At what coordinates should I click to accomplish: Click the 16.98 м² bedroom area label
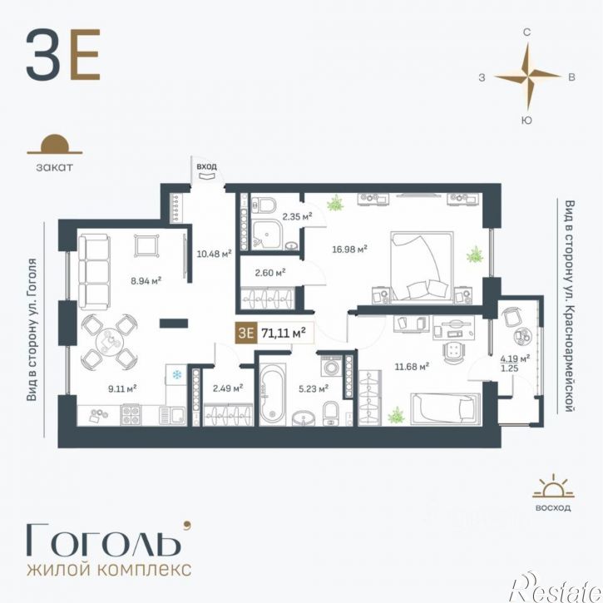tap(349, 250)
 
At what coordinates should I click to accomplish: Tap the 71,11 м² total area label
tap(284, 332)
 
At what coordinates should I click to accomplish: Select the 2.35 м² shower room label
tap(297, 216)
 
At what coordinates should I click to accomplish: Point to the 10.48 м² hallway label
tap(214, 254)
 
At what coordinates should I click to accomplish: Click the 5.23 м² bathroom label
tap(314, 388)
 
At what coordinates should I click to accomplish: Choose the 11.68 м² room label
tap(412, 367)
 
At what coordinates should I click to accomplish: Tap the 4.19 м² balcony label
tap(515, 358)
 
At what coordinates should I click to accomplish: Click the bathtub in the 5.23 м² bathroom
tap(272, 394)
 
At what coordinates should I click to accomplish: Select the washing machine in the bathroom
tap(331, 366)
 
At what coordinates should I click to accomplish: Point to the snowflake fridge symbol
tap(177, 374)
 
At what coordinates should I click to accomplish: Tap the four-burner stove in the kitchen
tap(131, 415)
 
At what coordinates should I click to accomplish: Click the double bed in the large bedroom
tap(422, 265)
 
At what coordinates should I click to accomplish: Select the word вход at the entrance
tap(207, 166)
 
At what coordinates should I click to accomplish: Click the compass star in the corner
tap(527, 77)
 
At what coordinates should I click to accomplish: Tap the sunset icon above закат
tap(55, 144)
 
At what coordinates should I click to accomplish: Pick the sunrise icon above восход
tap(553, 487)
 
